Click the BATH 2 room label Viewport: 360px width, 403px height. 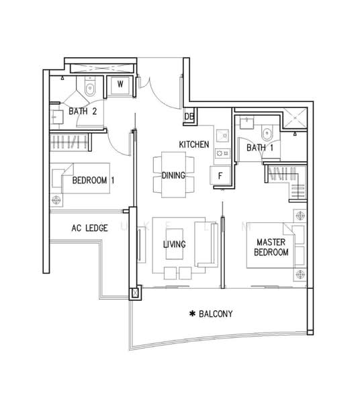[x=83, y=111]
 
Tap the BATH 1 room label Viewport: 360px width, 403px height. [x=260, y=148]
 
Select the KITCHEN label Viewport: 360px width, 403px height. [x=194, y=144]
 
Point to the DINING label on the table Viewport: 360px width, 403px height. [x=173, y=175]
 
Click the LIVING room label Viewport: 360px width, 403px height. [x=175, y=244]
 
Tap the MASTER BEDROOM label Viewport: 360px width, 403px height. [x=271, y=247]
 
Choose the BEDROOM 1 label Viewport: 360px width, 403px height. [x=93, y=180]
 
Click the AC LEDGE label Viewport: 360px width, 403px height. [x=89, y=228]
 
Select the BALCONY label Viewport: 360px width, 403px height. [x=216, y=314]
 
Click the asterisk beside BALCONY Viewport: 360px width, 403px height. [x=192, y=314]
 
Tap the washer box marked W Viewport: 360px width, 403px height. [x=120, y=85]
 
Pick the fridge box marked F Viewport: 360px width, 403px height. [x=220, y=175]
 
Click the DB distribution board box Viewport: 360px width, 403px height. [x=189, y=116]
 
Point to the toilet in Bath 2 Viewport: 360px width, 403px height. [x=90, y=87]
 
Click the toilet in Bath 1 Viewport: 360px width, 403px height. [x=267, y=133]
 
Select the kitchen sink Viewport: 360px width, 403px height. [x=222, y=136]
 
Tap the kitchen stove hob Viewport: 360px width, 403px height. [x=222, y=153]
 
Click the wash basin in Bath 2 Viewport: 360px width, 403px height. [x=56, y=117]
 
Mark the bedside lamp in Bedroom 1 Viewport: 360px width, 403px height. [x=56, y=199]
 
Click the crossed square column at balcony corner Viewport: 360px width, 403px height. [x=135, y=293]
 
